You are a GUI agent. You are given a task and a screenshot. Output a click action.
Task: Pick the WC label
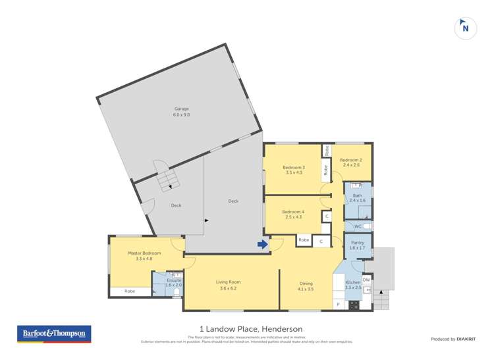(358, 226)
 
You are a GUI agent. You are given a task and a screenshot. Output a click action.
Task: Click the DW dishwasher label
(367, 279)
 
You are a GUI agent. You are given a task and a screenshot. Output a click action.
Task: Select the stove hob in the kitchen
(353, 304)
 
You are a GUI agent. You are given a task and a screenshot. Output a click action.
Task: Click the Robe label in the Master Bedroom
(130, 290)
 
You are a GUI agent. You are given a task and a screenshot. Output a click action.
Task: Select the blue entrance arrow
(262, 245)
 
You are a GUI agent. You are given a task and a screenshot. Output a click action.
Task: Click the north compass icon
(466, 28)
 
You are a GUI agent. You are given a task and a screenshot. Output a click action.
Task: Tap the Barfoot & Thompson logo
(53, 334)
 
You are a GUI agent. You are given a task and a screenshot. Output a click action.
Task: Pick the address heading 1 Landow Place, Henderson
(246, 329)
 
